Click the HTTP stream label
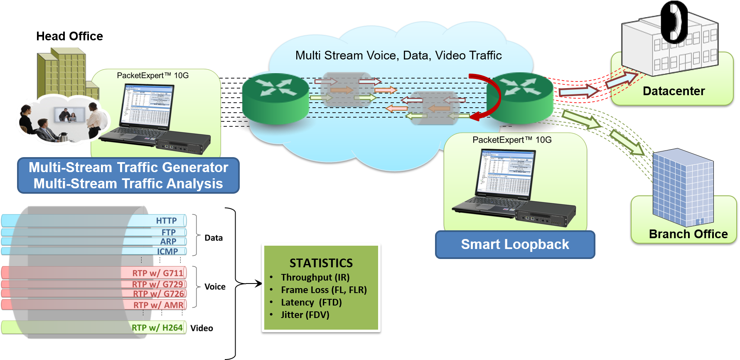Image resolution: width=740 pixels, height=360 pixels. pyautogui.click(x=166, y=221)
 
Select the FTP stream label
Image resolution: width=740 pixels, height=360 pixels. pyautogui.click(x=168, y=232)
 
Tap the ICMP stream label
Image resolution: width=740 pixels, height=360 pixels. pyautogui.click(x=167, y=251)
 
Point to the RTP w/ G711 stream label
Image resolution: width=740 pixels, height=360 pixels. pyautogui.click(x=157, y=273)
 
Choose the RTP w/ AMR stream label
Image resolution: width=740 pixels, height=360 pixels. pyautogui.click(x=158, y=305)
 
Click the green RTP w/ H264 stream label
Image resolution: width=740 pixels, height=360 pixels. pyautogui.click(x=157, y=328)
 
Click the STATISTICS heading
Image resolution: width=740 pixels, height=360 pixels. pyautogui.click(x=321, y=263)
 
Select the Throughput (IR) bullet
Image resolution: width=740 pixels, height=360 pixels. pyautogui.click(x=315, y=277)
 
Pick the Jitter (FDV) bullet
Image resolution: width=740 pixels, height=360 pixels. pyautogui.click(x=305, y=315)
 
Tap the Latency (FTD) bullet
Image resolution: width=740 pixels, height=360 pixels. pyautogui.click(x=311, y=302)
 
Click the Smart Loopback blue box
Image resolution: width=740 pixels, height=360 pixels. pyautogui.click(x=515, y=244)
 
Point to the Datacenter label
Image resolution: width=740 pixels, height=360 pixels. pyautogui.click(x=674, y=91)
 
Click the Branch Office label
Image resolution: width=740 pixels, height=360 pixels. pyautogui.click(x=688, y=234)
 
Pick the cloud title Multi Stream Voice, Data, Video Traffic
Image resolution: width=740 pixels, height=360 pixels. pyautogui.click(x=398, y=55)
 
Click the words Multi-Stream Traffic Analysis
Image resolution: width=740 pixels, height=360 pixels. pyautogui.click(x=128, y=184)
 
